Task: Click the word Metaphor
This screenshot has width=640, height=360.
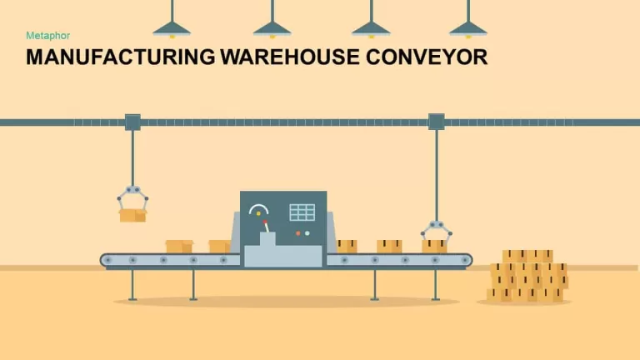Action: [47, 36]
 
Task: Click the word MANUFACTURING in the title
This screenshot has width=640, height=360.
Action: [120, 57]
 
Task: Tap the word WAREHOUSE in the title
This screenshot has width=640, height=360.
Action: [290, 57]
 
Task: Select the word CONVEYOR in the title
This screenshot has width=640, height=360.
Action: [427, 57]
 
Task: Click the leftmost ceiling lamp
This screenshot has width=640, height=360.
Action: [172, 29]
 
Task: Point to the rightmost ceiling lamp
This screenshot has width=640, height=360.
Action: [468, 29]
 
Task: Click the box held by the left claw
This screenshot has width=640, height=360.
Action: [132, 215]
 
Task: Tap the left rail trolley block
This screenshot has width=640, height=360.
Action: [132, 122]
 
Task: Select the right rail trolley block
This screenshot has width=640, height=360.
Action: [437, 122]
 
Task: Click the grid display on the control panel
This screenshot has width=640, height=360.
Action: [302, 212]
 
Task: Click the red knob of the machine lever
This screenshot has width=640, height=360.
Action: [265, 222]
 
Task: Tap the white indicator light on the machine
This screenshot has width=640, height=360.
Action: [307, 233]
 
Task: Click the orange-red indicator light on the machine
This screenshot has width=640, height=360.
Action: [298, 233]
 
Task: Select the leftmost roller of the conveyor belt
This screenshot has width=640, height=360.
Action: [108, 260]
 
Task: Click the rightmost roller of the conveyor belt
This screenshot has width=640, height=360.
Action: [465, 260]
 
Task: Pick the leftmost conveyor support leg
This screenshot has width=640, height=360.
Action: [132, 285]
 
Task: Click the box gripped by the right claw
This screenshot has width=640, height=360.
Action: [434, 246]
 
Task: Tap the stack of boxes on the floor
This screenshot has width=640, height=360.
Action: [527, 277]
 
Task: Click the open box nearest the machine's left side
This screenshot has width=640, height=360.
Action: [220, 246]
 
